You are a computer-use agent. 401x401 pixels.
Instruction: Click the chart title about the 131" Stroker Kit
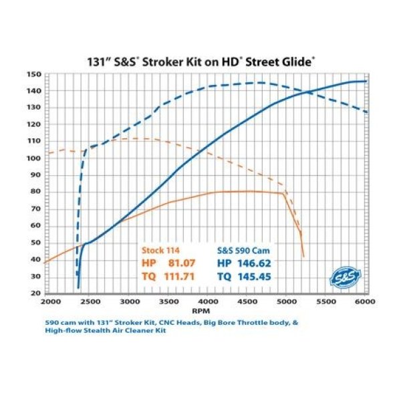[x=200, y=61]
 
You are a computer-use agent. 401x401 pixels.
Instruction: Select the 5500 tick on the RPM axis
[x=327, y=302]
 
